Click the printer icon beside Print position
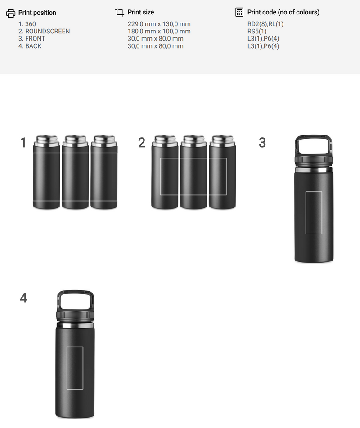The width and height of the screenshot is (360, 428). pos(11,13)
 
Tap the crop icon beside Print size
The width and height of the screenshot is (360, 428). pos(120,12)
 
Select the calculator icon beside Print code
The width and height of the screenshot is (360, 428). pos(239,12)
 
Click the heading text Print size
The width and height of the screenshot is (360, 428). pos(141,12)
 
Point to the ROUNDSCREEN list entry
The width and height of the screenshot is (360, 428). pos(44,32)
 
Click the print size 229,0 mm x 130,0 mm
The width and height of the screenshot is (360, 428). pos(159,24)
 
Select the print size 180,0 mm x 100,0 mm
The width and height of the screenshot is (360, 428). pos(159,32)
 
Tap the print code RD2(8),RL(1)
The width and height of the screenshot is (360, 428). pos(265,24)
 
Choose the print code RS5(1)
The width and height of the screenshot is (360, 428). pos(257,32)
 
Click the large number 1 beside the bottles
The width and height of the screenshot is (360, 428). pos(23,143)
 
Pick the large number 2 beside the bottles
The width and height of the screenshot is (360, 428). pos(142,143)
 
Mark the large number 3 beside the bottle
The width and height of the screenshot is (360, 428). pos(262,143)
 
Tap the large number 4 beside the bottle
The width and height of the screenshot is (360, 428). pos(23,298)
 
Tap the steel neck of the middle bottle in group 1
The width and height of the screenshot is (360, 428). pos(75,141)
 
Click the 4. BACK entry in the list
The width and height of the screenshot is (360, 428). pos(30,46)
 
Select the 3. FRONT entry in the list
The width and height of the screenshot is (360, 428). pos(32,39)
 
